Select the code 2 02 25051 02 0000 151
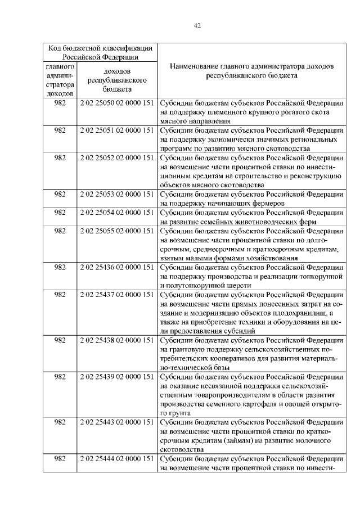coord(117,130)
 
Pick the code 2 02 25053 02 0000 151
coord(117,195)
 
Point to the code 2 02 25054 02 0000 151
coord(117,213)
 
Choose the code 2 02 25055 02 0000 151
coord(117,231)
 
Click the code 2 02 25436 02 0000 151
coord(117,267)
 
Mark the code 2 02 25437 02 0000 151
coord(117,294)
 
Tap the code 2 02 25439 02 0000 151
coord(117,376)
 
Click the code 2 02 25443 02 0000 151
coord(117,422)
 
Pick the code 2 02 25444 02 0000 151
coord(117,459)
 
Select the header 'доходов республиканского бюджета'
coord(117,80)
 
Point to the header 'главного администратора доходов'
coord(60,80)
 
